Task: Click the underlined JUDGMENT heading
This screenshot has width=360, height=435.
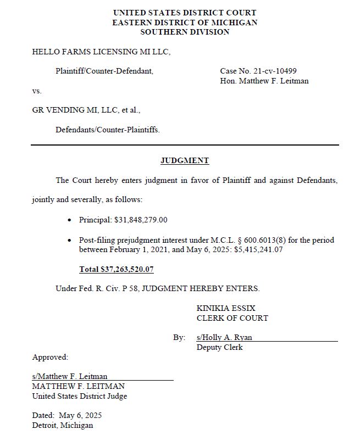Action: click(185, 161)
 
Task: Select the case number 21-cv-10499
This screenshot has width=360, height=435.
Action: click(275, 71)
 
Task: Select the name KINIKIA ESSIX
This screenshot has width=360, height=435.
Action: click(226, 308)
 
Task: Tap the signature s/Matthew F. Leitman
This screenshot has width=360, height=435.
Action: click(70, 376)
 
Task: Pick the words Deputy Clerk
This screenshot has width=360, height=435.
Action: click(219, 347)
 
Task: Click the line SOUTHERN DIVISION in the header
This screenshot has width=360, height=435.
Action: click(185, 32)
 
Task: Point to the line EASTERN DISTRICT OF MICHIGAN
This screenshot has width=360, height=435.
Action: click(185, 23)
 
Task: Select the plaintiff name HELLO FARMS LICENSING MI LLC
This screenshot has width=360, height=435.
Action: click(101, 52)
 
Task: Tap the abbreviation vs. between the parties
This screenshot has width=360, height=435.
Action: click(37, 91)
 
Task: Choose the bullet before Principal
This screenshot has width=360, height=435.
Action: click(69, 220)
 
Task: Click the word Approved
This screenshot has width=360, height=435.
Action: click(50, 357)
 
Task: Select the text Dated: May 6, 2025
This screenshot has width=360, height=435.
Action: click(67, 415)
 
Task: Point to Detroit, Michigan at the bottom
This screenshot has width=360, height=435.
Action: click(63, 425)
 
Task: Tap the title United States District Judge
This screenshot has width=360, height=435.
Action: click(80, 396)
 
